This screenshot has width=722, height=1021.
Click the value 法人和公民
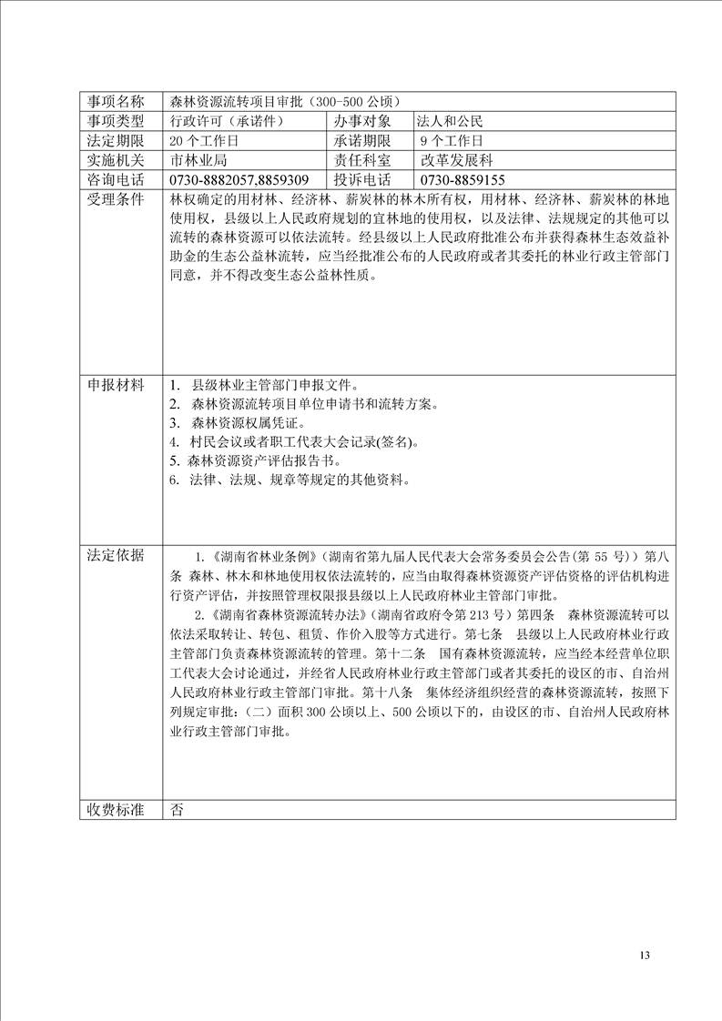[450, 121]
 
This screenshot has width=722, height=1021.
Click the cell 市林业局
[198, 160]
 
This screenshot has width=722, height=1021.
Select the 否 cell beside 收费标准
[177, 809]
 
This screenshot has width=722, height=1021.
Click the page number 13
[646, 955]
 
